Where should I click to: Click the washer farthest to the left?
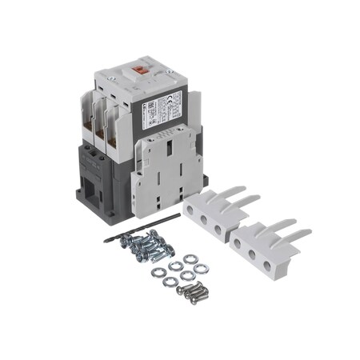tap(158, 272)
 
